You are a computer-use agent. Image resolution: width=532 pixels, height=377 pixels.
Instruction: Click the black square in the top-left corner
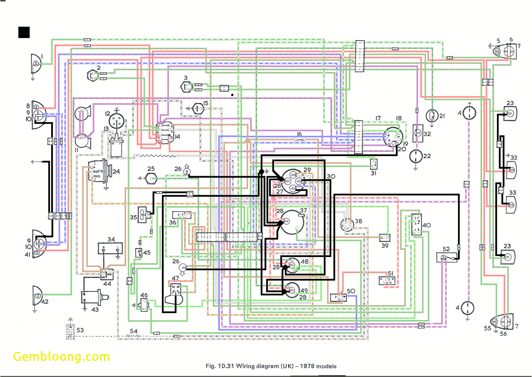click(x=24, y=32)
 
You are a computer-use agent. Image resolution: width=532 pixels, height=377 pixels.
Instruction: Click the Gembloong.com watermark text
click(x=61, y=357)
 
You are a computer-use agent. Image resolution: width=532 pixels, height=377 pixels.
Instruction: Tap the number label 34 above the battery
click(x=111, y=239)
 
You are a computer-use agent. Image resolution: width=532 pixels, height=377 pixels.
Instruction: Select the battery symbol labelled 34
click(x=110, y=249)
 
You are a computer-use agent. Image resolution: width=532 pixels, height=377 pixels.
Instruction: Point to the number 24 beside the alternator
click(x=116, y=172)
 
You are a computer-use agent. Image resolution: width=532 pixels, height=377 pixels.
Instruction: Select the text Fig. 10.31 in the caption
click(x=220, y=366)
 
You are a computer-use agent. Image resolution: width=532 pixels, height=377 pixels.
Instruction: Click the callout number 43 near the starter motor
click(x=95, y=310)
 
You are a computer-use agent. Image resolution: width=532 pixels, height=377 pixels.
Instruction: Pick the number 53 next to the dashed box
click(x=80, y=330)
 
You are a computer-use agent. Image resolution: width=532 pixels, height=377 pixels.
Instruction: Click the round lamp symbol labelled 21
click(x=432, y=115)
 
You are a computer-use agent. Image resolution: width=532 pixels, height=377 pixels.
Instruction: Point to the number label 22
click(x=427, y=156)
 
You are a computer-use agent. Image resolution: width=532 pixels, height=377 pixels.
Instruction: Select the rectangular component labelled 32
click(x=417, y=133)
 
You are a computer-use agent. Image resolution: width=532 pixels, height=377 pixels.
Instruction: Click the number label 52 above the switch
click(x=446, y=249)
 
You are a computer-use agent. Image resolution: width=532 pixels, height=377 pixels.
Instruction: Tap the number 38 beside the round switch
click(x=359, y=221)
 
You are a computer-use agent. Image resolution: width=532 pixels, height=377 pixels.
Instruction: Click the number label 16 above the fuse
click(x=299, y=134)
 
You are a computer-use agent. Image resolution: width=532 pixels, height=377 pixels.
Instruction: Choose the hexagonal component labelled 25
click(x=151, y=178)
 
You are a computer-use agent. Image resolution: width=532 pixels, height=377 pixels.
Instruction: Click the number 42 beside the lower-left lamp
click(x=45, y=302)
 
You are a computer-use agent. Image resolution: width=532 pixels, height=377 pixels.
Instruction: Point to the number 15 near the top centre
click(x=206, y=103)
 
